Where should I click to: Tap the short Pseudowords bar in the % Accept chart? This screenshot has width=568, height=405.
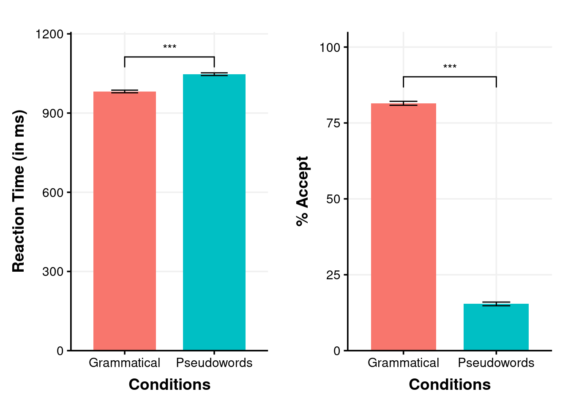coord(496,327)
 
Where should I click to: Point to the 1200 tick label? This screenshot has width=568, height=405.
coord(49,34)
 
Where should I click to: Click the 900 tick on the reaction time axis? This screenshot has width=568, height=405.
coord(53,113)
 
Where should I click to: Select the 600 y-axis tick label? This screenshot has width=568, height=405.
coord(53,193)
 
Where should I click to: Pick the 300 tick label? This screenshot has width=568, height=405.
coord(53,272)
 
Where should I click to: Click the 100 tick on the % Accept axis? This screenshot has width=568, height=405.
coord(330,47)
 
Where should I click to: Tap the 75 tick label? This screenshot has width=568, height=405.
coord(333,123)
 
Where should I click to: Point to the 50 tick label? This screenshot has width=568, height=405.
coord(333,199)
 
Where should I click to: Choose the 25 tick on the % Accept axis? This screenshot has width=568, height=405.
coord(333,275)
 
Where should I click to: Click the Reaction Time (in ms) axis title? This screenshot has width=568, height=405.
coord(19,191)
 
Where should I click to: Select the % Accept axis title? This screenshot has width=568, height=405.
coord(303,191)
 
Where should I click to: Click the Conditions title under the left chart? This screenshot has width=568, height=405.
coord(169,384)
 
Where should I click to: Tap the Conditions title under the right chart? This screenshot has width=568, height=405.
coord(450,384)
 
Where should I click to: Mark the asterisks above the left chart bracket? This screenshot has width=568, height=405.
coord(169,47)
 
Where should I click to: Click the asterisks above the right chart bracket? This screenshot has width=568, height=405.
coord(450,67)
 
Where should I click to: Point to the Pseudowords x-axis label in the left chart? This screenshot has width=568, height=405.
coord(214,363)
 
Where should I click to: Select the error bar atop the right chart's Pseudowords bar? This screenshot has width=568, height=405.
coord(496,304)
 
